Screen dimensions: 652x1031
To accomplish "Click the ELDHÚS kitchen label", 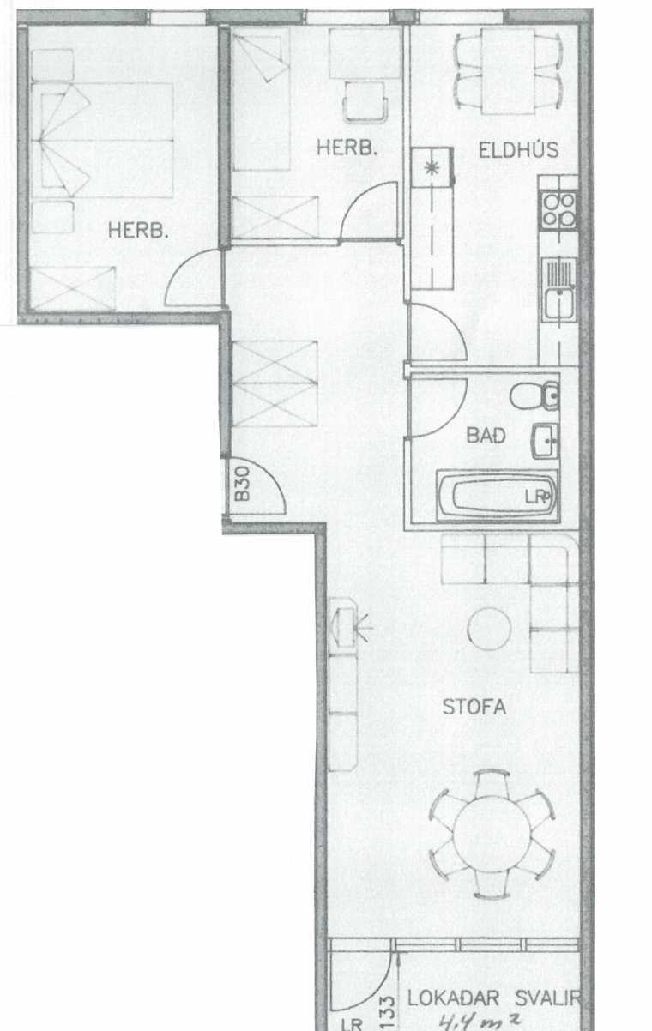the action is (518, 149).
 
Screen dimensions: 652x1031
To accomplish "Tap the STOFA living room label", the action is (474, 707).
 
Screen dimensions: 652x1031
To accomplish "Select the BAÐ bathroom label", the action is (486, 436).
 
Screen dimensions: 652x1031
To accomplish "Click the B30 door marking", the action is (242, 484).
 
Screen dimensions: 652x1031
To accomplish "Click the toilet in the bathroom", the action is (535, 395).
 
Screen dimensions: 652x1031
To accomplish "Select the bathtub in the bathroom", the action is (498, 496).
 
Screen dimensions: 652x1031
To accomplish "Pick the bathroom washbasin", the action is (546, 441).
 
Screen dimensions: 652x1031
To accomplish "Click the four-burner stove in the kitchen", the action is (558, 211).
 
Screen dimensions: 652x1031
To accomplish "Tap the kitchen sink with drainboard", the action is (558, 289).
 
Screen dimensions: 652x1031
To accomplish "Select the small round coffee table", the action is (489, 628).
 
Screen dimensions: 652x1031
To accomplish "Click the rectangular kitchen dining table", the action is (509, 71).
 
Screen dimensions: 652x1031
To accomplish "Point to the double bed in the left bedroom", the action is (102, 140).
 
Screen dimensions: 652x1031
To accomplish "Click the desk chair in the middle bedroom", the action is (365, 102).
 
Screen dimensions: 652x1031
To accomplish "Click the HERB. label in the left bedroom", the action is (137, 230).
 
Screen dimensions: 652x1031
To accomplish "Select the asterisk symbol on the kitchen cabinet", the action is (431, 167).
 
